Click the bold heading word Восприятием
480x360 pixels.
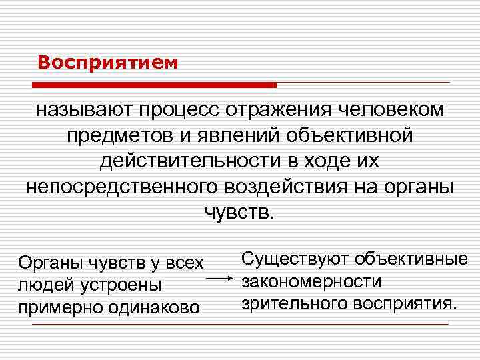coord(108,63)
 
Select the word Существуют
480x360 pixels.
coord(294,257)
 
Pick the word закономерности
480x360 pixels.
coord(311,281)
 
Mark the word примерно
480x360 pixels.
coord(57,307)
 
